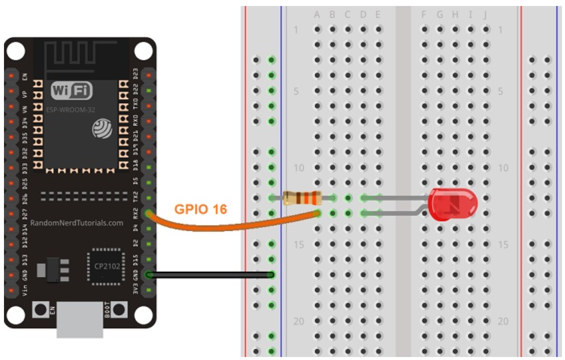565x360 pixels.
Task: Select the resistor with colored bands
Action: pyautogui.click(x=301, y=198)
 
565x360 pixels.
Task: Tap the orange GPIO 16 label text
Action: pyautogui.click(x=200, y=209)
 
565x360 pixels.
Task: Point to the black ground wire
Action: pyautogui.click(x=209, y=274)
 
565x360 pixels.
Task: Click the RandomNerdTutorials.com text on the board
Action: pyautogui.click(x=77, y=223)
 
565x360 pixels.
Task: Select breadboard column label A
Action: pyautogui.click(x=317, y=15)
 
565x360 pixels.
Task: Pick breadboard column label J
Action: pyautogui.click(x=485, y=15)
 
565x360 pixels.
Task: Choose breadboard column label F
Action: pyautogui.click(x=424, y=15)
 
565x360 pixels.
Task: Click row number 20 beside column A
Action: pyautogui.click(x=298, y=322)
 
